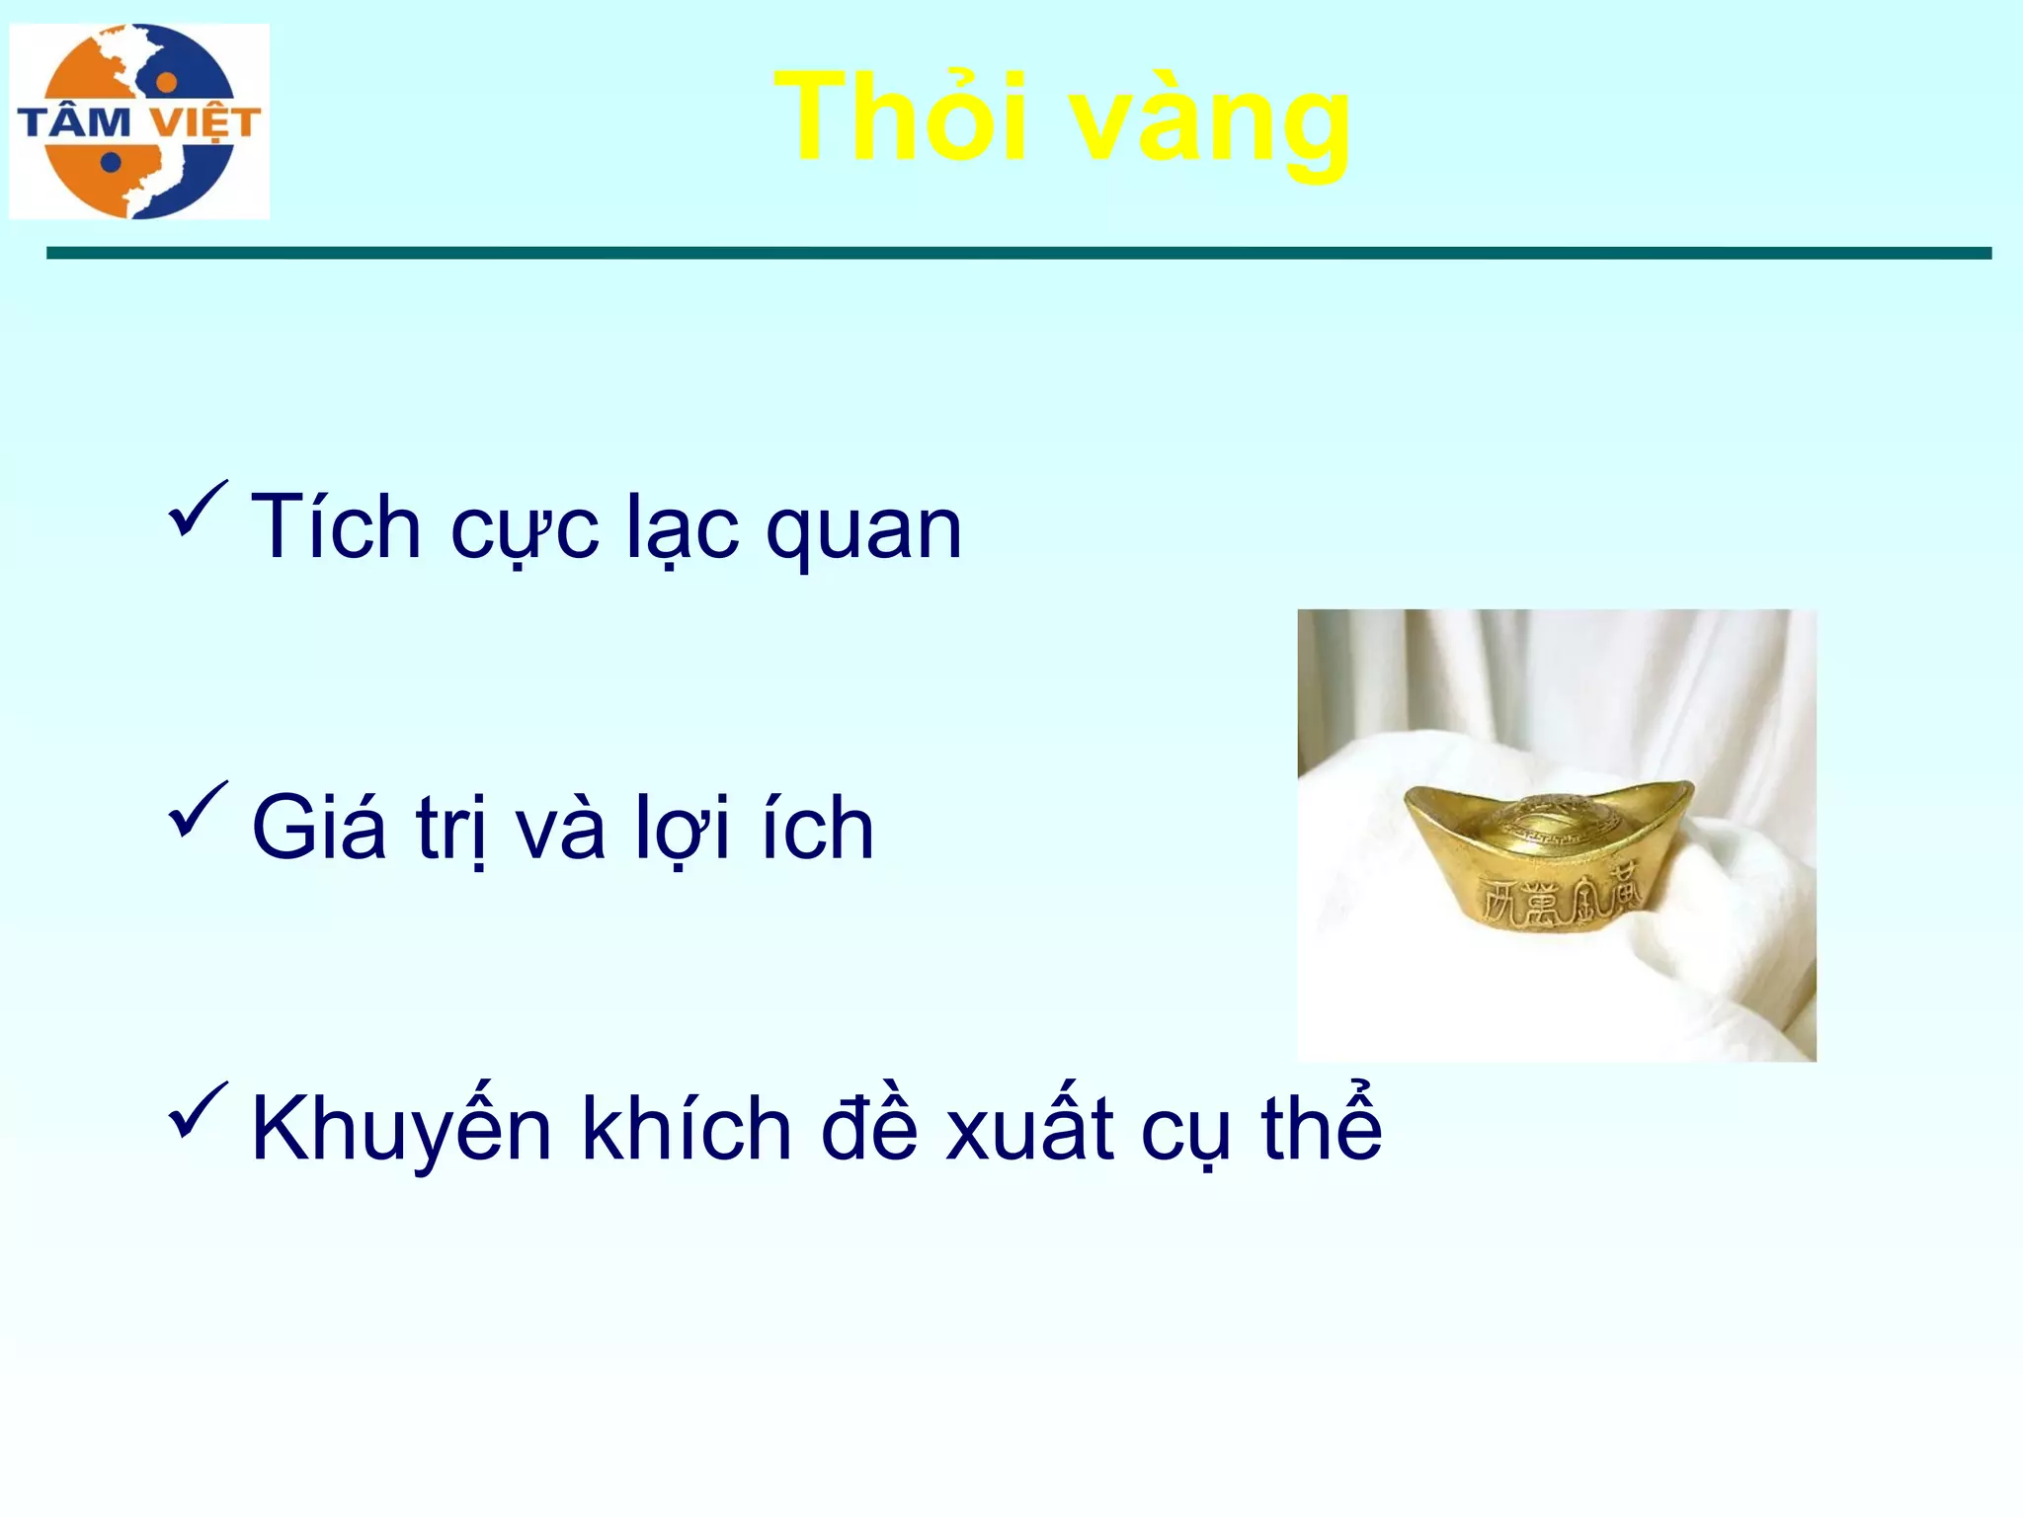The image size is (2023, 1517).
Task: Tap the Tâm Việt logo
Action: coord(139,120)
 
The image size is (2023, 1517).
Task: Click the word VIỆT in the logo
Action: coord(204,123)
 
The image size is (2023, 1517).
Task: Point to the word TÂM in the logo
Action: coord(74,122)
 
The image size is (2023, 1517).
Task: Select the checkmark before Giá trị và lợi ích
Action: coord(198,809)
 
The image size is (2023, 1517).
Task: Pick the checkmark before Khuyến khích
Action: coord(198,1110)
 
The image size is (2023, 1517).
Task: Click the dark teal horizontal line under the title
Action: coord(1017,254)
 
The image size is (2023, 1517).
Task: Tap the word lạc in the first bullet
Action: coord(683,528)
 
